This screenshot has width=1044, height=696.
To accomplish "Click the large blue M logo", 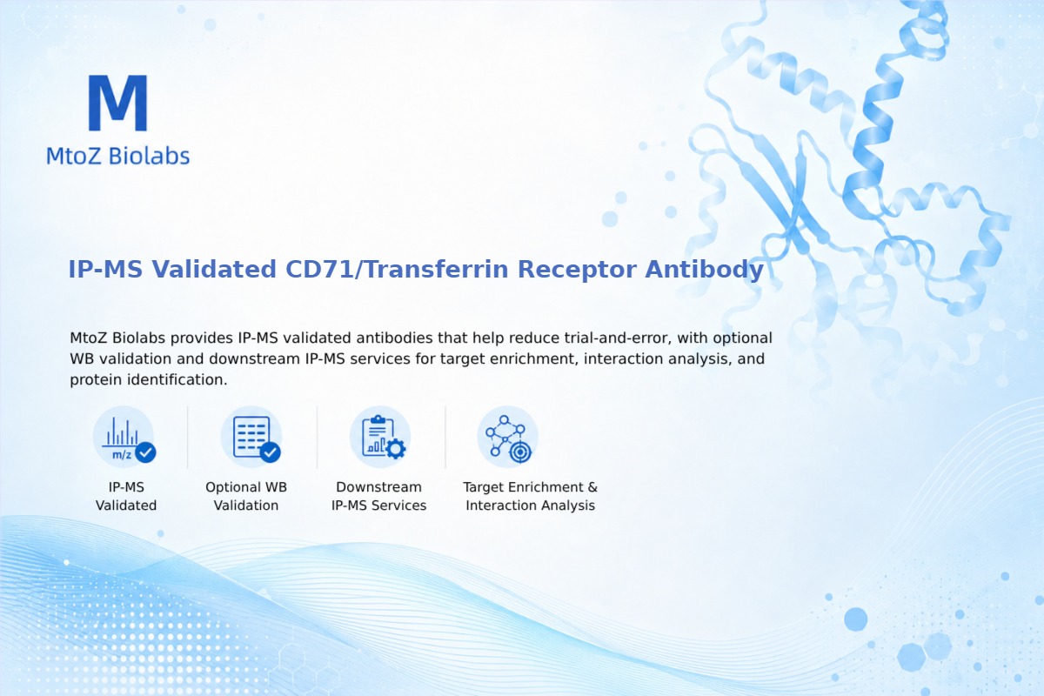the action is click(x=118, y=103).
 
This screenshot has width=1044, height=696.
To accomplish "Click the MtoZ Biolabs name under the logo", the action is click(x=118, y=156).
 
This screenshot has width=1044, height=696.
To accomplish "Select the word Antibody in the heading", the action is click(x=704, y=270).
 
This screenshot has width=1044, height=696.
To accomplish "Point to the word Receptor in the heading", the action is click(x=577, y=270).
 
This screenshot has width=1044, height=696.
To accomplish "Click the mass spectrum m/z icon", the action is click(x=124, y=437).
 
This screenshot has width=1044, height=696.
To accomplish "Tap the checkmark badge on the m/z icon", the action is click(x=145, y=452).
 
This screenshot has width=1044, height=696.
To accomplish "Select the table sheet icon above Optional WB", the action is click(x=251, y=437).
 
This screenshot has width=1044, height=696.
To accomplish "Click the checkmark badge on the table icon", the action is click(x=270, y=452).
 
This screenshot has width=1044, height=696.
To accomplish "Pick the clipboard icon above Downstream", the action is click(x=380, y=437).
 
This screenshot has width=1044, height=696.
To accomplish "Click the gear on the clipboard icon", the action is click(x=396, y=449).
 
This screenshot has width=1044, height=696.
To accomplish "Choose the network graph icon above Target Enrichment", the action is click(x=507, y=437).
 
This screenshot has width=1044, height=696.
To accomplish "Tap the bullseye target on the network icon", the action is click(x=520, y=452).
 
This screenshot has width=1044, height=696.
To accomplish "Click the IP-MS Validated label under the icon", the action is click(x=126, y=496).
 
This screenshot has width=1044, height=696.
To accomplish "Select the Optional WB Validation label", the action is click(x=246, y=496).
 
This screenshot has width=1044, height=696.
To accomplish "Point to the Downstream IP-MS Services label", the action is click(x=379, y=496).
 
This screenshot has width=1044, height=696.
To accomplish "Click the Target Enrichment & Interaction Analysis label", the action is click(x=531, y=496).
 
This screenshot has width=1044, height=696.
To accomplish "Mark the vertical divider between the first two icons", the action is click(x=188, y=437).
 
